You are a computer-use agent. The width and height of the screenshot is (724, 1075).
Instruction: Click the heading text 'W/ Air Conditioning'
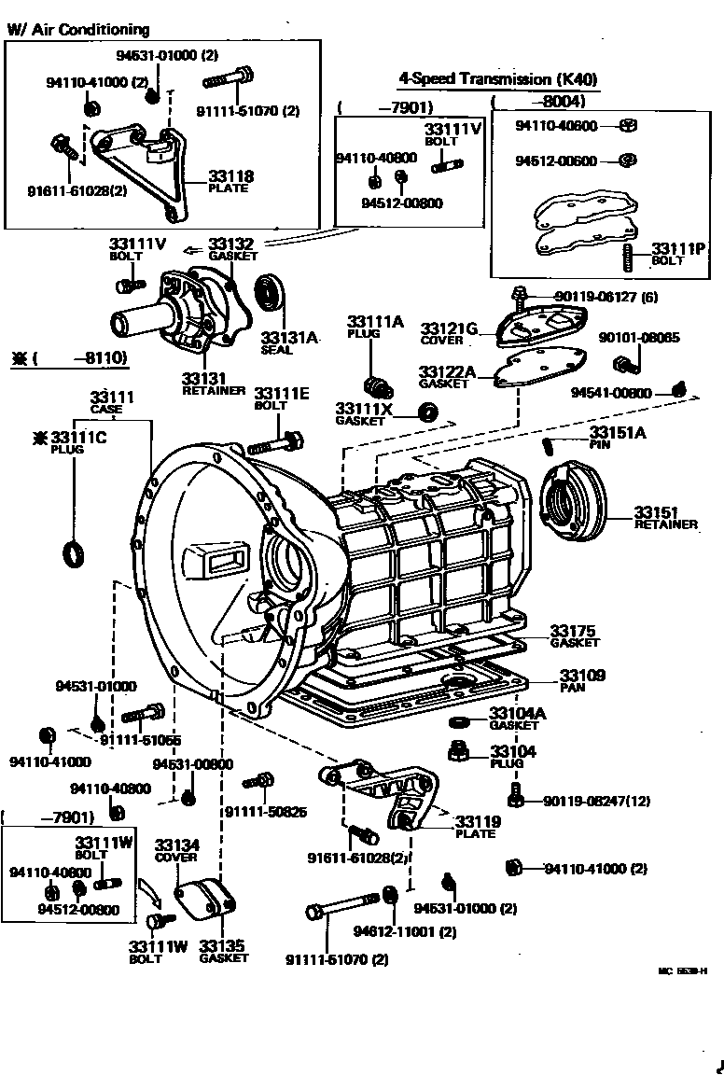(x=78, y=30)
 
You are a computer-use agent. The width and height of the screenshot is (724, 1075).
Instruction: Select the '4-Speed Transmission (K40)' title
(x=497, y=79)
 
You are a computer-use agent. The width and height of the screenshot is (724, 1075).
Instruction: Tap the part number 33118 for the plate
(x=230, y=175)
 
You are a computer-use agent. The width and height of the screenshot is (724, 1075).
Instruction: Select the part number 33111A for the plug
(x=375, y=322)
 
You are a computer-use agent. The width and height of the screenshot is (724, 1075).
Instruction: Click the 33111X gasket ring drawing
(x=428, y=412)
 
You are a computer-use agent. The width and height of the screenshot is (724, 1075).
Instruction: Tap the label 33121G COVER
(x=449, y=333)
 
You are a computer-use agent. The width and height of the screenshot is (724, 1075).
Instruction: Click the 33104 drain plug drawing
(x=459, y=750)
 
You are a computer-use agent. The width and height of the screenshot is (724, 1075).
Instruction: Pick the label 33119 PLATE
(x=478, y=826)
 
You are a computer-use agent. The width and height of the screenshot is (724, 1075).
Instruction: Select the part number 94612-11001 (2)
(x=404, y=931)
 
